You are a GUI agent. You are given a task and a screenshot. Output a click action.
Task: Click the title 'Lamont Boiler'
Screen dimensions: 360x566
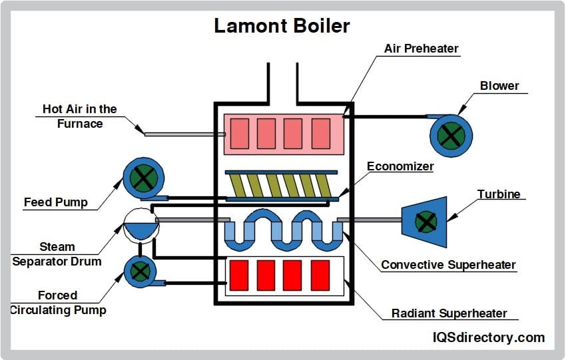282,26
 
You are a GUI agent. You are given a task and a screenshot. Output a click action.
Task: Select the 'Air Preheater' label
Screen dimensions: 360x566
421,49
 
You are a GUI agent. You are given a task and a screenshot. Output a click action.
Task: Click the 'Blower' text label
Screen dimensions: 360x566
499,86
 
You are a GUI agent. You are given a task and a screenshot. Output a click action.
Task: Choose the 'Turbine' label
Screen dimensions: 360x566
499,194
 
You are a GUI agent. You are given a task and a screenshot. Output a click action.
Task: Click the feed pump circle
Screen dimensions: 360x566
142,178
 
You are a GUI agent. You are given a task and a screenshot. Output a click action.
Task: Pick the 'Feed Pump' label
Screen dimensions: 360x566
55,202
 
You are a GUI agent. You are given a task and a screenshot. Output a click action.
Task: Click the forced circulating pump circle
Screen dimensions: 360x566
140,271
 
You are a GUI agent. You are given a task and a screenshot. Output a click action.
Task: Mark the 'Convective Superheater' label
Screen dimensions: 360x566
448,265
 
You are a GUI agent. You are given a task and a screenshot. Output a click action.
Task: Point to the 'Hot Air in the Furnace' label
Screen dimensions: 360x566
80,116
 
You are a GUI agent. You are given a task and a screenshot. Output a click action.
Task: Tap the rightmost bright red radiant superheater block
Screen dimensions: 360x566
320,275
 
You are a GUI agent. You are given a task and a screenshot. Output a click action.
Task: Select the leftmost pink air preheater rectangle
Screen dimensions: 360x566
239,133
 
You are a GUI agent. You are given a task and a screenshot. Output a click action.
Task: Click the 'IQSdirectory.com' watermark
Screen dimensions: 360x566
489,338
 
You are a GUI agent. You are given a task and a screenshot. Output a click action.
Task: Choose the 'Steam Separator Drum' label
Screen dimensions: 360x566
57,254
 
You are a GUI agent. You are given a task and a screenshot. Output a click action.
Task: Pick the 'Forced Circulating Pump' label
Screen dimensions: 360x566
57,302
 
